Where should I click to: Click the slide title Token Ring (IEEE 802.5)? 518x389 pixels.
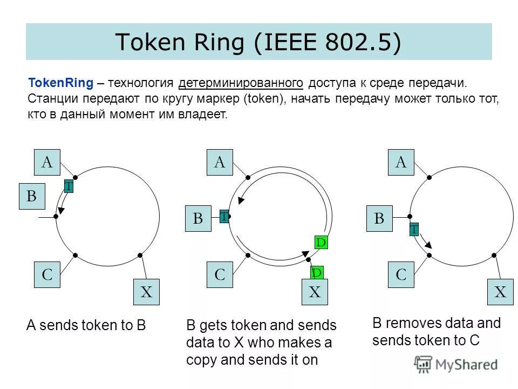pyautogui.click(x=258, y=42)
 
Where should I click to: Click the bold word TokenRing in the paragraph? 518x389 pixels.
pyautogui.click(x=60, y=84)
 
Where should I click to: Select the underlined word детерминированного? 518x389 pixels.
pyautogui.click(x=240, y=84)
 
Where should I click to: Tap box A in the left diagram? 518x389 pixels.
pyautogui.click(x=47, y=162)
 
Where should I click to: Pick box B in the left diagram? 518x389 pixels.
pyautogui.click(x=32, y=197)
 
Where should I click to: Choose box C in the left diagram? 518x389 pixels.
pyautogui.click(x=47, y=274)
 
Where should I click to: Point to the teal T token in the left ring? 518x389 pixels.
pyautogui.click(x=69, y=186)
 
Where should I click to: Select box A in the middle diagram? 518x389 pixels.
pyautogui.click(x=220, y=162)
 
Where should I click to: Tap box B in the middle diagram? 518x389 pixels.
pyautogui.click(x=198, y=218)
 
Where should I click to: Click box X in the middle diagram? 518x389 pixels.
pyautogui.click(x=315, y=293)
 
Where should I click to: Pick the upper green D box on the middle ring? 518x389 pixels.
pyautogui.click(x=321, y=243)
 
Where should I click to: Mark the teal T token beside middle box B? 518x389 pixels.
pyautogui.click(x=224, y=217)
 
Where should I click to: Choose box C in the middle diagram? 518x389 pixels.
pyautogui.click(x=220, y=274)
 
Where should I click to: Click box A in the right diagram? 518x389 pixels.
pyautogui.click(x=401, y=162)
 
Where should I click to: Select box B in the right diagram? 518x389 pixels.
pyautogui.click(x=379, y=218)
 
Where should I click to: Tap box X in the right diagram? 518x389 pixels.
pyautogui.click(x=501, y=293)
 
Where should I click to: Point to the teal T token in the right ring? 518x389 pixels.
pyautogui.click(x=414, y=230)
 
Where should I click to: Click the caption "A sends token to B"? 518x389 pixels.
pyautogui.click(x=87, y=325)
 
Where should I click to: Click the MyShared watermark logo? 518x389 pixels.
pyautogui.click(x=456, y=365)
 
